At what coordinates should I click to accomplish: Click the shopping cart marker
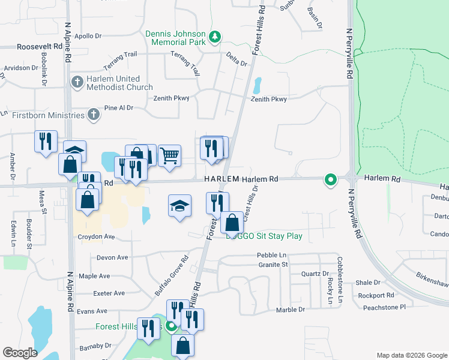(x=170, y=156)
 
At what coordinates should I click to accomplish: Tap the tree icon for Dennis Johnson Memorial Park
(x=214, y=39)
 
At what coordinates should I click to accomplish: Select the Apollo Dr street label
(x=89, y=36)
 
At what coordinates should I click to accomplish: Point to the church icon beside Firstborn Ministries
(x=93, y=114)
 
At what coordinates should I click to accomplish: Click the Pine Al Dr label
(x=118, y=108)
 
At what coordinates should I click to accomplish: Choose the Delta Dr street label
(x=237, y=59)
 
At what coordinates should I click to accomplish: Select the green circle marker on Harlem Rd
(x=330, y=179)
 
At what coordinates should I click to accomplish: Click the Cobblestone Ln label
(x=339, y=280)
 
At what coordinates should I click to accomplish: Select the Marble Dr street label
(x=291, y=310)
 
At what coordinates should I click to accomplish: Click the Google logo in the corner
(x=20, y=353)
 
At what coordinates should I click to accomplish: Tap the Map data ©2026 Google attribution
(x=411, y=355)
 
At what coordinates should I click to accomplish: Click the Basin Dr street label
(x=314, y=20)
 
